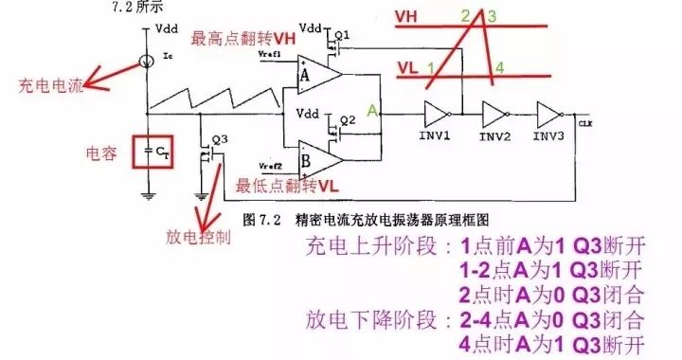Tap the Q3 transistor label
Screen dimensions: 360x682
pos(220,138)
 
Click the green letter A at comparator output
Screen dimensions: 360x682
pos(374,111)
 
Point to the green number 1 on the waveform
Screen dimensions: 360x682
pos(431,68)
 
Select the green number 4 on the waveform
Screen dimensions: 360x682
pos(499,67)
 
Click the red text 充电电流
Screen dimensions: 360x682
pos(51,86)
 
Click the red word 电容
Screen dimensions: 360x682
pos(100,152)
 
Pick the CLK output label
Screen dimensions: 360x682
pos(584,123)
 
